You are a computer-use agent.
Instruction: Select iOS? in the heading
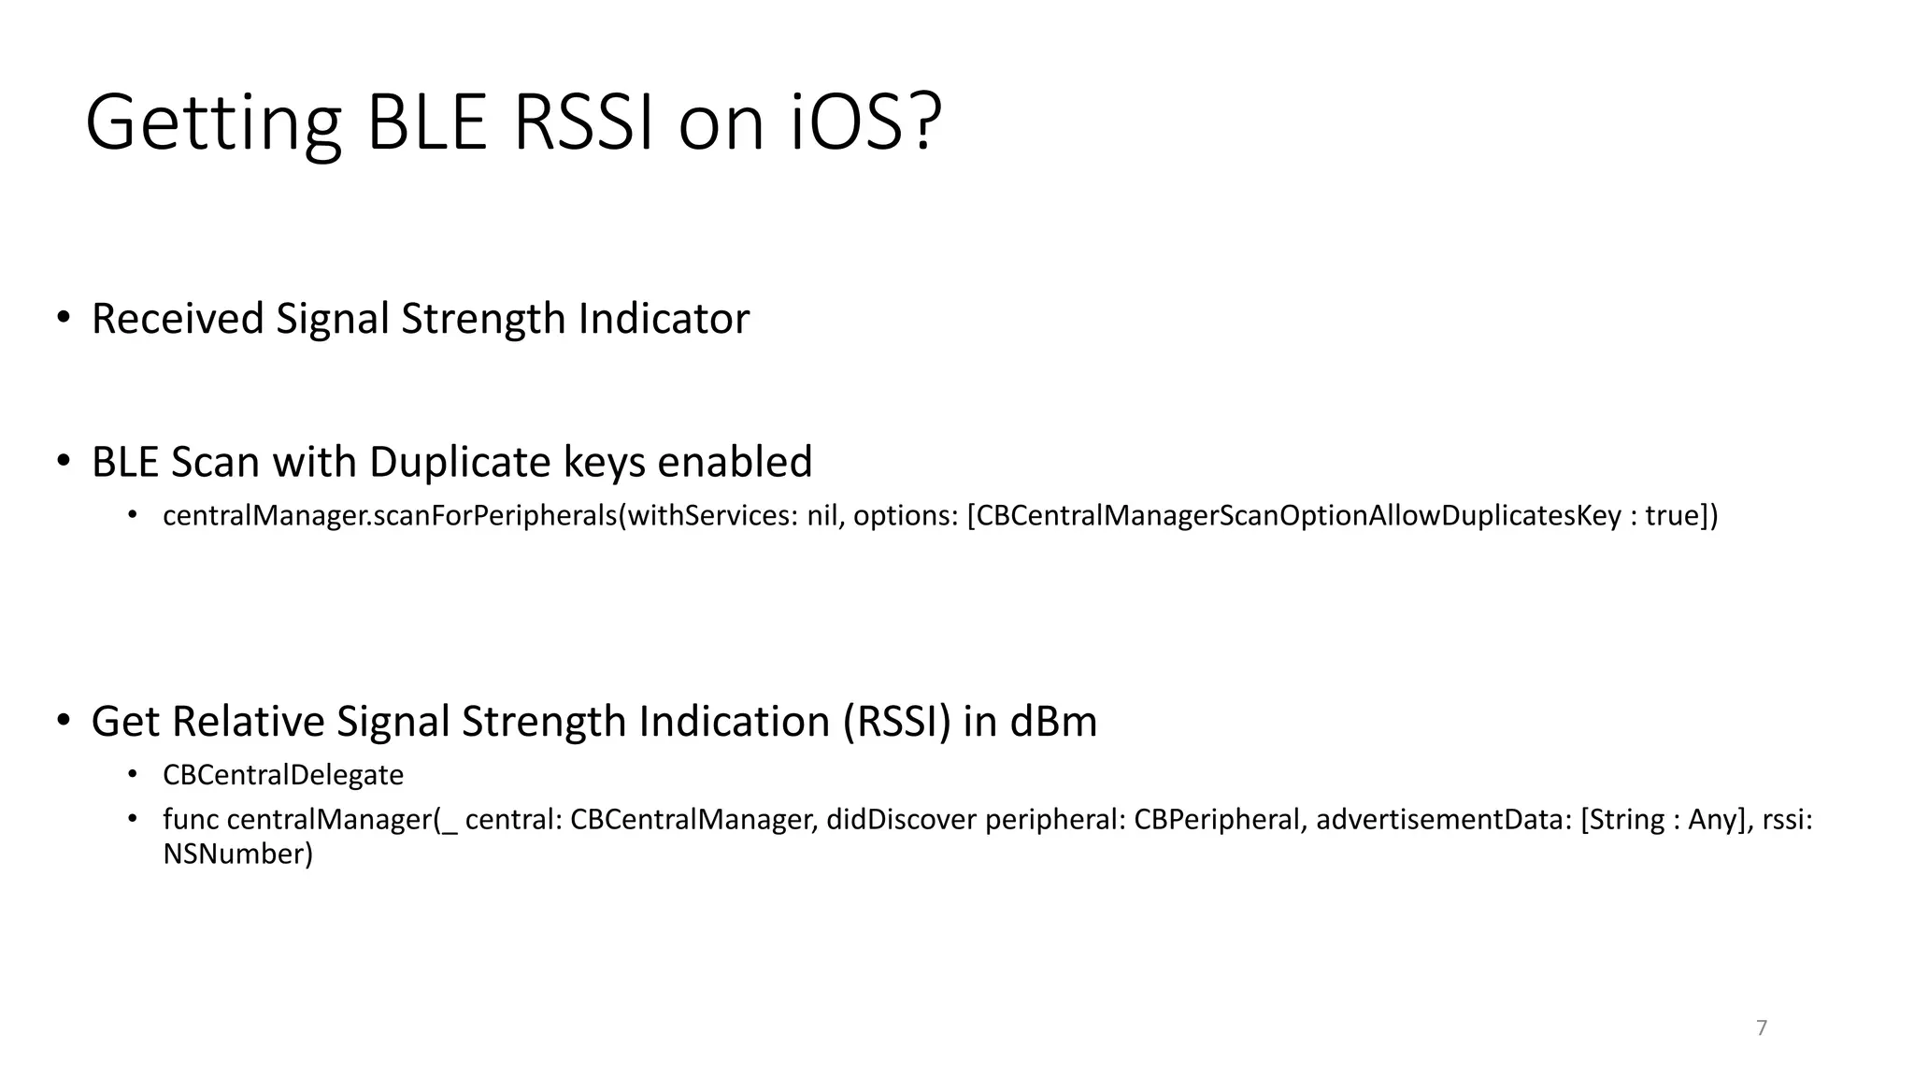click(865, 123)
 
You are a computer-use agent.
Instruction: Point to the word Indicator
click(664, 319)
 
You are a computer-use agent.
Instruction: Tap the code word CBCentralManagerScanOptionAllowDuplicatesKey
click(1299, 516)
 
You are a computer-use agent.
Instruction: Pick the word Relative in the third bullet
click(247, 722)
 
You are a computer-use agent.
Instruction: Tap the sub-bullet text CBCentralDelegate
click(283, 775)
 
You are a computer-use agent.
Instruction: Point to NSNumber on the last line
click(237, 854)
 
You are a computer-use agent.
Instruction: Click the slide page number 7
click(1762, 1028)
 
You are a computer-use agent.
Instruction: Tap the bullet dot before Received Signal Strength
click(63, 318)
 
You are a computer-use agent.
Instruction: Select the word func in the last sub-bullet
click(191, 820)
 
